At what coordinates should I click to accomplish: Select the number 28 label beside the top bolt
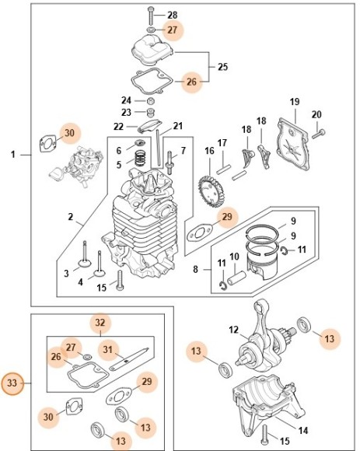coord(173,15)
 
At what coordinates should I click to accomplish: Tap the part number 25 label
coord(222,67)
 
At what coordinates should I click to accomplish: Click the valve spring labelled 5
coord(141,159)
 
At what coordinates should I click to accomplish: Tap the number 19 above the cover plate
coord(295,102)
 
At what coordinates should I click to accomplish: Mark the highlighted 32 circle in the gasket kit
coord(100,322)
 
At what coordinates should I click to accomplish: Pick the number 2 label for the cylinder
coord(70,216)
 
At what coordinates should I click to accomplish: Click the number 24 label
coord(127,100)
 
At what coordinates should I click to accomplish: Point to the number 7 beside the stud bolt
coord(183,150)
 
